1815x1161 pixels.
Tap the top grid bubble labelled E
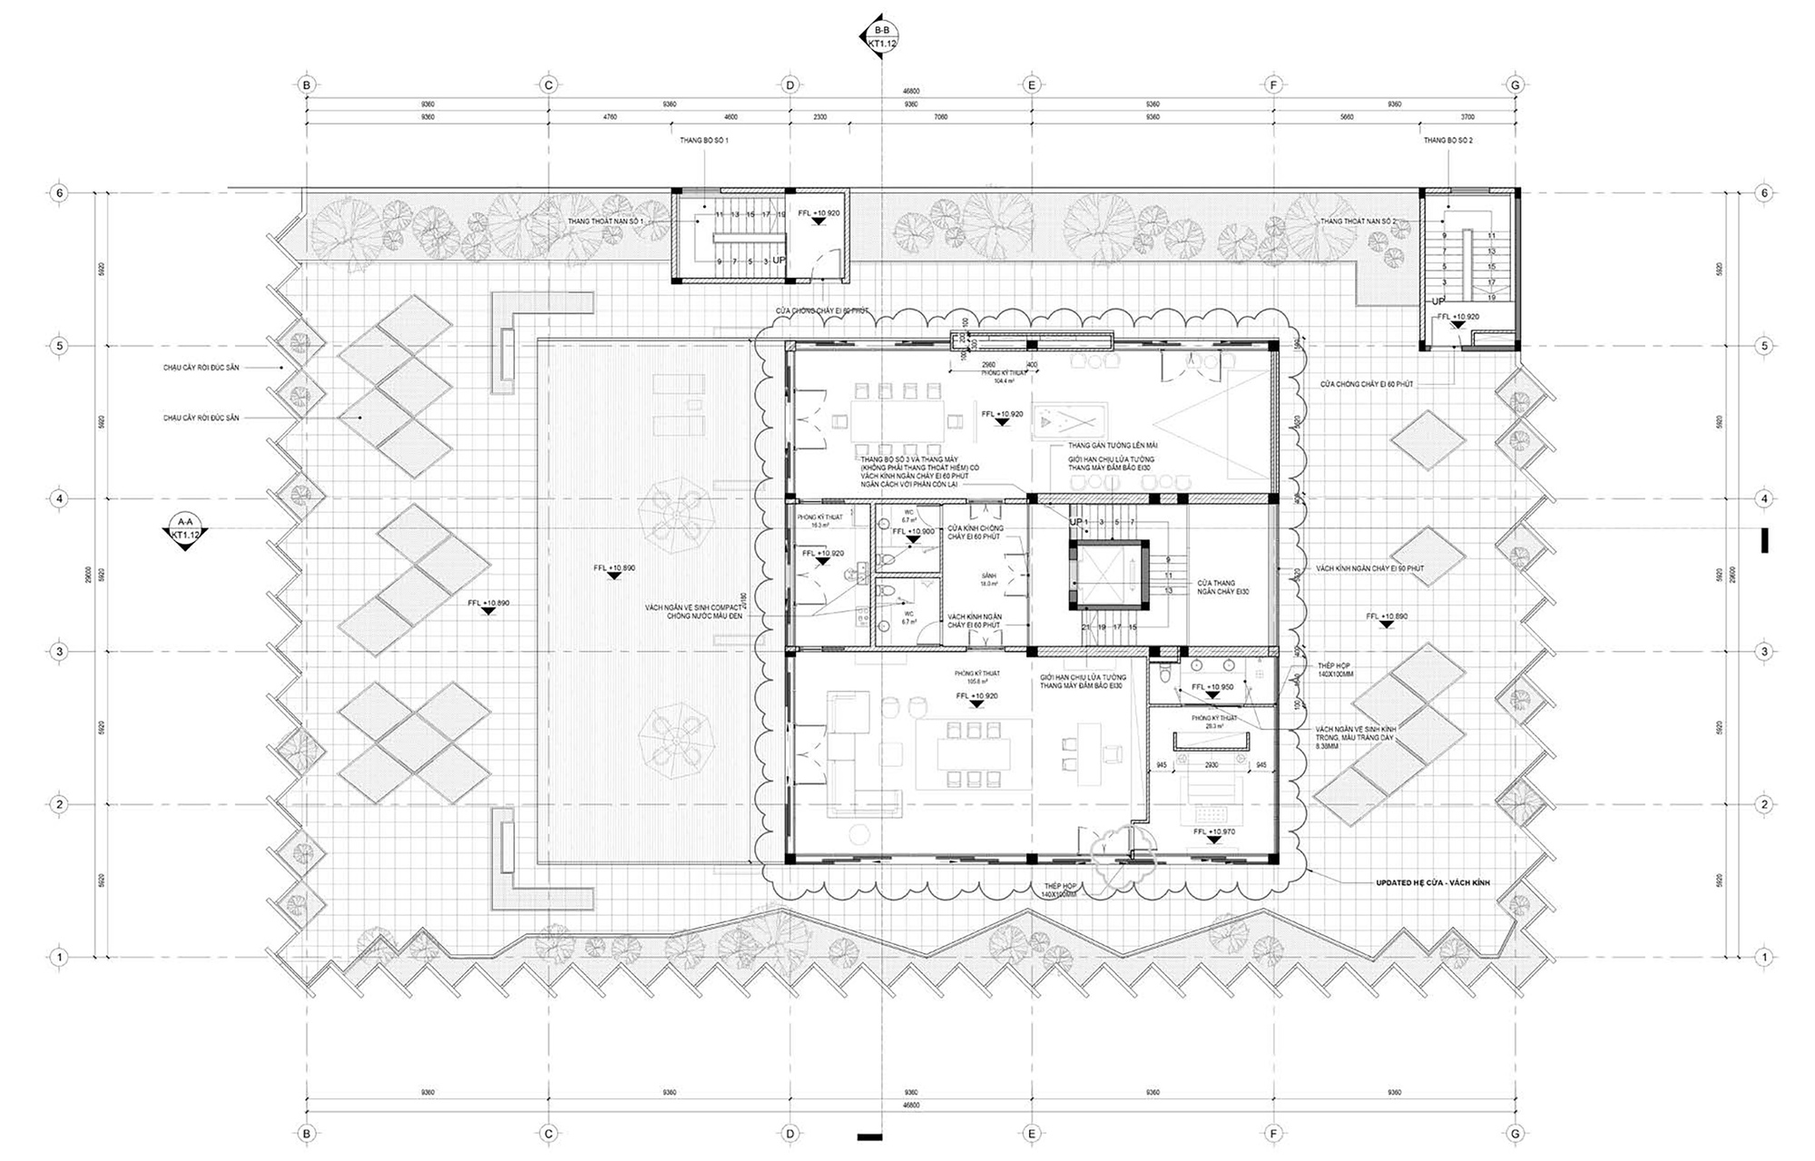coord(1032,84)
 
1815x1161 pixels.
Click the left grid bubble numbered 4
coord(60,498)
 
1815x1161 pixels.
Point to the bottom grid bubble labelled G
coord(1515,1132)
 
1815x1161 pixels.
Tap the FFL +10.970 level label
coord(1213,831)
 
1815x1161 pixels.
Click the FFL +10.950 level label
coord(1212,687)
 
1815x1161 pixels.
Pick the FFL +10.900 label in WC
coord(913,531)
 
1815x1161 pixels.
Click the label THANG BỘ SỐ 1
coord(704,141)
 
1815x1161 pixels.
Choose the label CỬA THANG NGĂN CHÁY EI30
coord(1216,587)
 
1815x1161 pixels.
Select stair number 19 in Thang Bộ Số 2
coord(1492,297)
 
